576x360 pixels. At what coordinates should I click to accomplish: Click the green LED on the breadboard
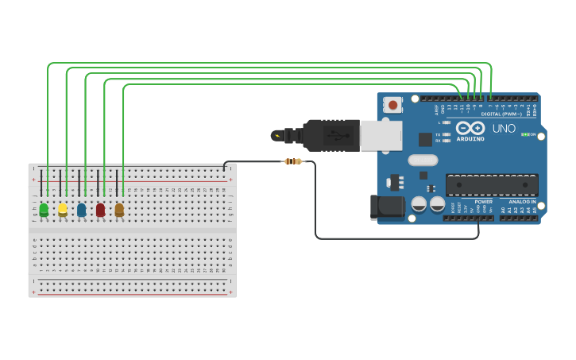44,210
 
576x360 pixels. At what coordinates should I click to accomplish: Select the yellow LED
63,210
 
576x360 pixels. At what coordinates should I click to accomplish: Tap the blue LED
81,210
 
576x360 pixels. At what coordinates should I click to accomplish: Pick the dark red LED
100,210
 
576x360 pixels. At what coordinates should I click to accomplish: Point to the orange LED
119,210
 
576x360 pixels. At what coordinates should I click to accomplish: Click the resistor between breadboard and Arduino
293,161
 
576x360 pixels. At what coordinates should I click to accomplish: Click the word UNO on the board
504,129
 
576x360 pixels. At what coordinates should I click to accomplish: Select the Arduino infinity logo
470,128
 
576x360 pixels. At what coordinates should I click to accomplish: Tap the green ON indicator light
524,134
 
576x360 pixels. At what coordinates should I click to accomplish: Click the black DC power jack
387,207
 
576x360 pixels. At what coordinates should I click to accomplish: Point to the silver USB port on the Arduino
381,135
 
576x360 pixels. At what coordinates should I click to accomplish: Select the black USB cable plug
330,135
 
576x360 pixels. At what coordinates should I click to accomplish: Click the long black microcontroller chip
491,185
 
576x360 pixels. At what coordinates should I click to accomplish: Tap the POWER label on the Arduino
483,202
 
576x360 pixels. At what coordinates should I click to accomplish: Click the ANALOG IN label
521,202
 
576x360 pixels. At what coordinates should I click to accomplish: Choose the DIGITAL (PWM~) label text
501,114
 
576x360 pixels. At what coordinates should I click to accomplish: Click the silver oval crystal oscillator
423,160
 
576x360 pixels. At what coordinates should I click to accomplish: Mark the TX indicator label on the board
438,134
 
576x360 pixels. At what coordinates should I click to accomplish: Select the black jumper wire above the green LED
41,183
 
